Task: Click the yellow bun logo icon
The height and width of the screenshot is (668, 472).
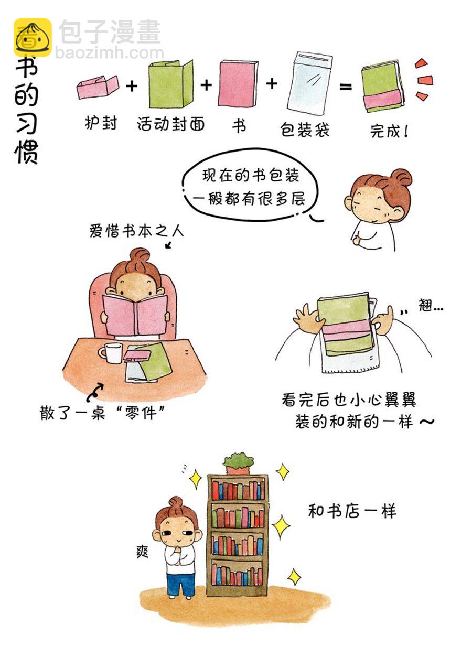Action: tap(33, 37)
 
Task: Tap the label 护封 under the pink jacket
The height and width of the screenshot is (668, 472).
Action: tap(101, 123)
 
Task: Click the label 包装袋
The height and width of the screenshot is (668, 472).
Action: tap(304, 130)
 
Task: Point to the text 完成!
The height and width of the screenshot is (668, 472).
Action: tap(389, 131)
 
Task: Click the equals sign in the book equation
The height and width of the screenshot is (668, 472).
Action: tap(346, 87)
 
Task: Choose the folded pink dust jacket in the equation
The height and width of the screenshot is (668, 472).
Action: tap(98, 87)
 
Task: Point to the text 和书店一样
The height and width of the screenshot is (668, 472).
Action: tap(352, 511)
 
